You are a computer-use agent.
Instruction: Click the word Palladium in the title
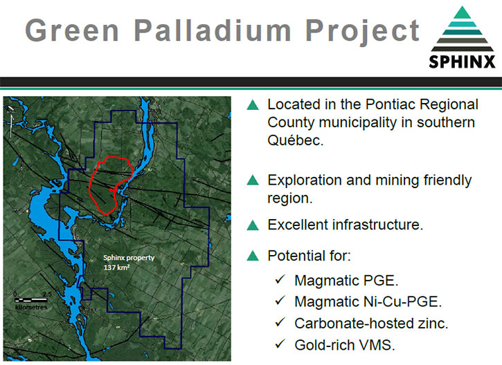point(213,30)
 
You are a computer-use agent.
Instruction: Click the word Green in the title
point(72,30)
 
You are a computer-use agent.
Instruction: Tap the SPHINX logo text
point(462,62)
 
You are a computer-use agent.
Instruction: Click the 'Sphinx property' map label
point(129,258)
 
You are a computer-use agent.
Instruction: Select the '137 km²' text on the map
point(116,268)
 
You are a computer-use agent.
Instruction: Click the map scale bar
point(31,300)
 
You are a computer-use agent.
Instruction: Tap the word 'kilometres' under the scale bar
point(31,307)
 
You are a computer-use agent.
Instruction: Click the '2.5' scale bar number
point(47,294)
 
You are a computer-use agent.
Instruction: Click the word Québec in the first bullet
point(295,140)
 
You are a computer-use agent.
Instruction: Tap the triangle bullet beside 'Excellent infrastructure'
point(253,225)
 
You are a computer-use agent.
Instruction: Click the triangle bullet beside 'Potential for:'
point(253,256)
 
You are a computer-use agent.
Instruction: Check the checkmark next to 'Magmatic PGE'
point(280,279)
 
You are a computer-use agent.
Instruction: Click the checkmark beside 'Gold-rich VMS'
point(280,344)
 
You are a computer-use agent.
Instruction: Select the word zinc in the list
point(433,324)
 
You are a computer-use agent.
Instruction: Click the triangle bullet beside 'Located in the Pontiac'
point(253,105)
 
